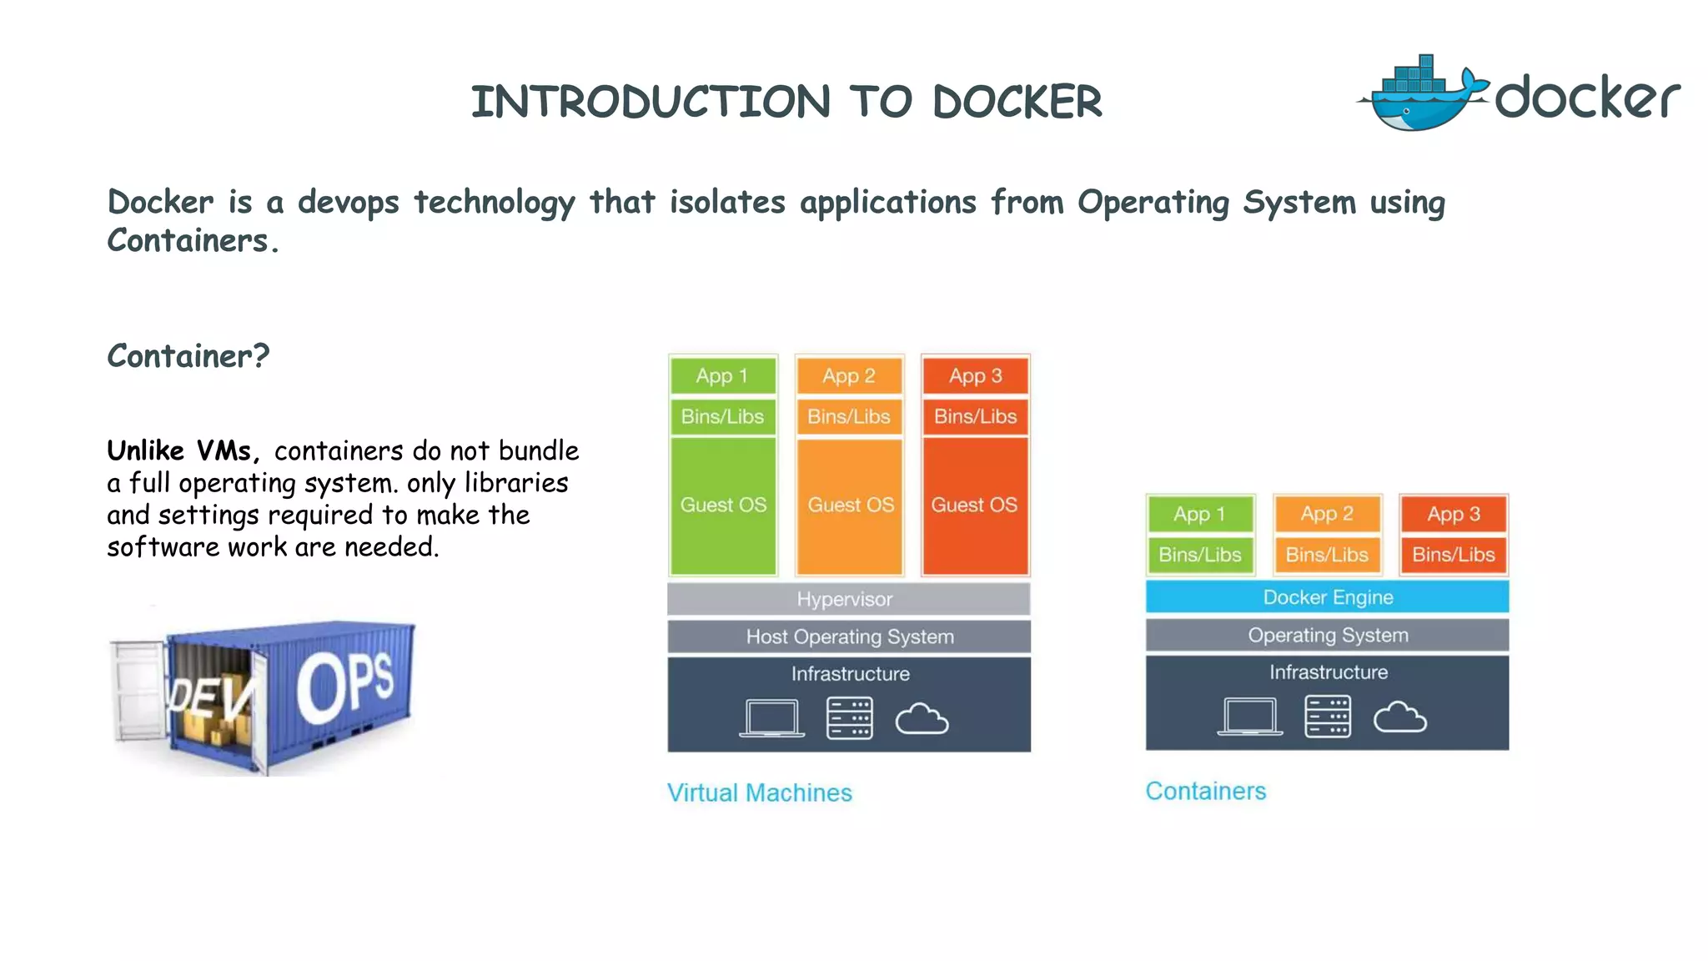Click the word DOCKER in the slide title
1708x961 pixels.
point(1017,102)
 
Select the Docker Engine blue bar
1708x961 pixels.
point(1327,597)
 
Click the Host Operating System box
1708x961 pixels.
point(848,636)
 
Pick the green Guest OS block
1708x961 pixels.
point(723,506)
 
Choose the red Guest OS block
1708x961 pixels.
point(974,506)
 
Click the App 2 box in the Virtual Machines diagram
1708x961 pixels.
point(848,376)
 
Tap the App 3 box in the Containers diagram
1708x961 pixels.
point(1453,514)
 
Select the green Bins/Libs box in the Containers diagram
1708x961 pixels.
point(1200,555)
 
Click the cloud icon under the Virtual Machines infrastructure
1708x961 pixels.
point(922,718)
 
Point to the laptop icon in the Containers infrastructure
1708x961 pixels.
point(1249,717)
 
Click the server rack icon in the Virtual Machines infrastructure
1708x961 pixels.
point(849,718)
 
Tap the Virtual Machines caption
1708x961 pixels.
point(759,792)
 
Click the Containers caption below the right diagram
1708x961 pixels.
point(1205,791)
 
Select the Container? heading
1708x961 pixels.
point(188,356)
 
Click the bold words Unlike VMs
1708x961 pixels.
point(182,450)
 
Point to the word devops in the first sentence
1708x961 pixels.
point(348,203)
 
